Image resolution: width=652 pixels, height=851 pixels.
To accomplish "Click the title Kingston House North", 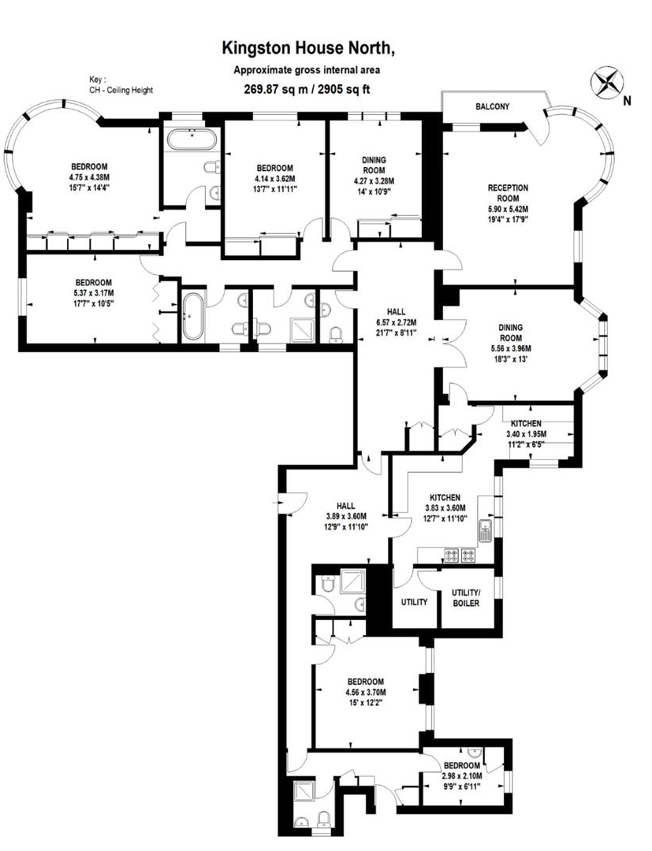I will pyautogui.click(x=307, y=49).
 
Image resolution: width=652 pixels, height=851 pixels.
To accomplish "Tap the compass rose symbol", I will pyautogui.click(x=606, y=82).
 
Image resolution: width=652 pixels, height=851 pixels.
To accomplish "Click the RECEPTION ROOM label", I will pyautogui.click(x=508, y=193).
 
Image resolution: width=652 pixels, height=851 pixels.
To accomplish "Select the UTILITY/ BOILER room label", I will pyautogui.click(x=465, y=598).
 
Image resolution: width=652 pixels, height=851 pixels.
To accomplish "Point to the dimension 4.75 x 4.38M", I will pyautogui.click(x=89, y=177).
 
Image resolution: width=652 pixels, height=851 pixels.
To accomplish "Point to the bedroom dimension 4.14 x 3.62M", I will pyautogui.click(x=275, y=179).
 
